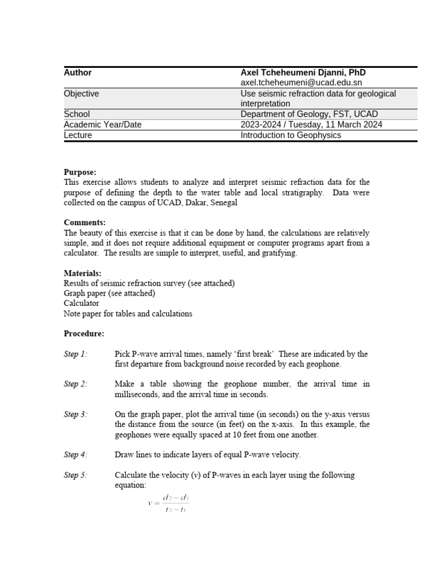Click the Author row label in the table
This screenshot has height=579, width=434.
[x=77, y=72]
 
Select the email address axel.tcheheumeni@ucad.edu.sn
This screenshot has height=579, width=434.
[x=301, y=83]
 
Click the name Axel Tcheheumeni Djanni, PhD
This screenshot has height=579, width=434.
[x=303, y=72]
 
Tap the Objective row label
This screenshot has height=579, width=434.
[x=81, y=93]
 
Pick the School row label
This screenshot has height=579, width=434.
[x=77, y=114]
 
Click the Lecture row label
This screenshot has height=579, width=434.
[x=78, y=135]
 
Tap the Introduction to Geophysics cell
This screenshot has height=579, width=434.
[x=291, y=135]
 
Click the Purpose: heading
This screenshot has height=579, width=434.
[x=80, y=172]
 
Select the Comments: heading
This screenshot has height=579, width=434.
[x=84, y=222]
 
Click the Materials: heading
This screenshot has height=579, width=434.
[x=83, y=273]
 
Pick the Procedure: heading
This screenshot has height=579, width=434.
[x=84, y=334]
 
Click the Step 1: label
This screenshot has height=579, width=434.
[x=75, y=354]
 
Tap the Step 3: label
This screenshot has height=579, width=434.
[x=75, y=414]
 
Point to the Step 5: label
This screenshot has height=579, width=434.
[x=75, y=475]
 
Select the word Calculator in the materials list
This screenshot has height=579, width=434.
[x=81, y=303]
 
